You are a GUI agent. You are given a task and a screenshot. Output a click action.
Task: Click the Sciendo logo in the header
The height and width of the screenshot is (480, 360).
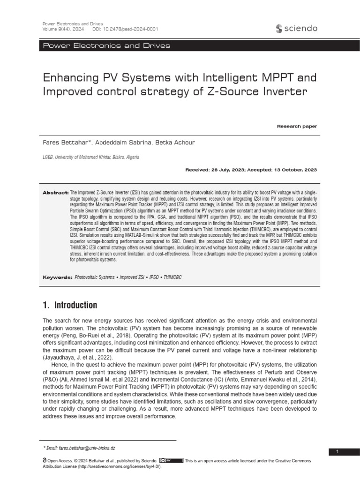tap(297, 29)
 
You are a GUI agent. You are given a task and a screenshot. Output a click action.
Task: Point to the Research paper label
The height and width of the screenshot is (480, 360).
tap(297, 126)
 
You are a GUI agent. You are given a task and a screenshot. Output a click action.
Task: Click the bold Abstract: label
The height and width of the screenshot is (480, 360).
tap(56, 193)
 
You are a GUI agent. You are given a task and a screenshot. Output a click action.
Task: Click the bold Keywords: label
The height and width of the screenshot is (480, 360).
tap(57, 277)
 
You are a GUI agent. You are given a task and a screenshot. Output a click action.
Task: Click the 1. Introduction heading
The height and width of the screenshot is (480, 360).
tap(70, 306)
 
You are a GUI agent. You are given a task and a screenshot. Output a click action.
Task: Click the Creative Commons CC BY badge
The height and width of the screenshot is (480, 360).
tap(171, 461)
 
